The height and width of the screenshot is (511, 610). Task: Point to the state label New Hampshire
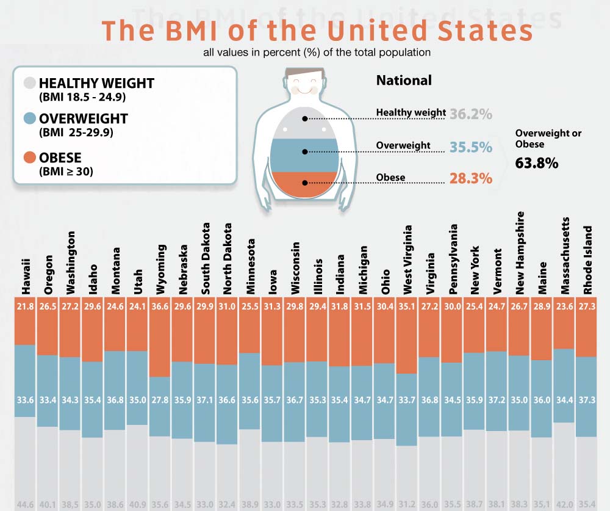(520, 253)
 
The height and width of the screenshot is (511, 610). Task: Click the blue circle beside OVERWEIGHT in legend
(28, 119)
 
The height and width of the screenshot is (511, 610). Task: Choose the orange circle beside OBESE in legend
(28, 159)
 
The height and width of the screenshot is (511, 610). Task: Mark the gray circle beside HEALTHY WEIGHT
(28, 84)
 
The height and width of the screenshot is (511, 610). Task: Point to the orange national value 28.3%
(471, 178)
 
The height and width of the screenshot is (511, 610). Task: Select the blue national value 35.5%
(471, 147)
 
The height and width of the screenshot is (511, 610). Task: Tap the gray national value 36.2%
(471, 114)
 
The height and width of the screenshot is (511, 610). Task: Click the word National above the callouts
(404, 81)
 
